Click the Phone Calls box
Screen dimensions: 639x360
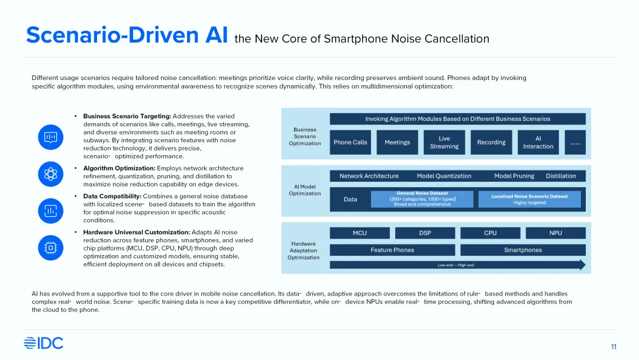click(x=350, y=142)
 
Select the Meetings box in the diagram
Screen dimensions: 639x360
click(x=397, y=142)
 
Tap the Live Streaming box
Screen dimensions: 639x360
click(x=444, y=142)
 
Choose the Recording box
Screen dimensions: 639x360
click(x=491, y=142)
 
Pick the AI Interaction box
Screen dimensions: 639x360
click(x=538, y=142)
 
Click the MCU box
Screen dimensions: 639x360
click(x=360, y=233)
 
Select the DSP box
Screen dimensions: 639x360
click(x=425, y=233)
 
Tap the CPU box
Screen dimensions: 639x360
click(x=490, y=233)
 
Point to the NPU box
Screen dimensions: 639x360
click(x=556, y=233)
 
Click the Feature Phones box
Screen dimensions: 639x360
click(x=392, y=250)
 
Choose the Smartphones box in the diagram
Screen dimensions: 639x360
click(x=523, y=250)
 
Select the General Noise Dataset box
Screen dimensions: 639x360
click(x=422, y=199)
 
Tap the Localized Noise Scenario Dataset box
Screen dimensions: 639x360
click(x=530, y=199)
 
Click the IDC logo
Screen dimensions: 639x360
click(x=43, y=343)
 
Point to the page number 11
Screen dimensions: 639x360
click(x=614, y=346)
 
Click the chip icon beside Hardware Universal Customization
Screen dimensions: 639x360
click(x=50, y=247)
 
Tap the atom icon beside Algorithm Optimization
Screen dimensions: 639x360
click(x=50, y=174)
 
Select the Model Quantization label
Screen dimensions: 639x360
click(x=444, y=176)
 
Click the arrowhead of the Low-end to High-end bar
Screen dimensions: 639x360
click(x=582, y=265)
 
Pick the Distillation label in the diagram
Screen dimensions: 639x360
click(x=561, y=176)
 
